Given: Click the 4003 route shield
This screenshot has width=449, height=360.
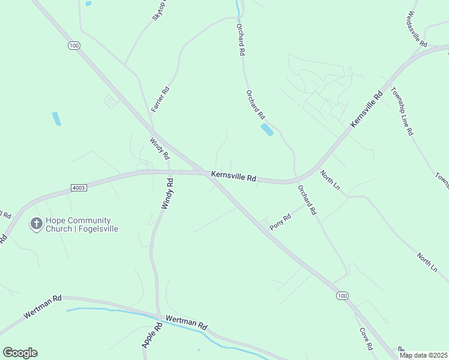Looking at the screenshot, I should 79,188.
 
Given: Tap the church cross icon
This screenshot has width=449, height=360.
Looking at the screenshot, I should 36,224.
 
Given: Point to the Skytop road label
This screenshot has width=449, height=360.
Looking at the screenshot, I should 160,11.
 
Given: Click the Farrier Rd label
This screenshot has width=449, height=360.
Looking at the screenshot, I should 161,100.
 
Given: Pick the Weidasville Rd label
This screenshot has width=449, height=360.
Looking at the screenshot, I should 417,29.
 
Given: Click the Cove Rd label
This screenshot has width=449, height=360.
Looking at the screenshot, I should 366,339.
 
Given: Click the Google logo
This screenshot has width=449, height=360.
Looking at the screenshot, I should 20,353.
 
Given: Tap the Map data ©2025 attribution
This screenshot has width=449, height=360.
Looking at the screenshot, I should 423,355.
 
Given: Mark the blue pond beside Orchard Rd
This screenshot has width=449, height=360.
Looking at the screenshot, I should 267,130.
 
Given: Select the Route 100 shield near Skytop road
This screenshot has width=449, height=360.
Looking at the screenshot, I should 74,46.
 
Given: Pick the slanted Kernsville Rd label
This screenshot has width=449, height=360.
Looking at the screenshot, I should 366,109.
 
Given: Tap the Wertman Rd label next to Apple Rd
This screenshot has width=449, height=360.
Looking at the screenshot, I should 186,323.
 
